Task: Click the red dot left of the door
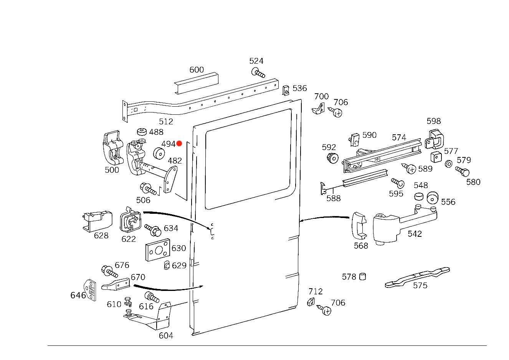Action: point(179,144)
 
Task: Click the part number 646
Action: point(78,295)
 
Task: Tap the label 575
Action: point(420,286)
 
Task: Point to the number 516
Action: point(146,306)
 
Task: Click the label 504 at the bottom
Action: point(166,336)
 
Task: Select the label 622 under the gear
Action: point(128,239)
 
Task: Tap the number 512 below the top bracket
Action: point(165,122)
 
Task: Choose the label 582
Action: point(329,147)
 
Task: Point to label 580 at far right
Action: point(473,182)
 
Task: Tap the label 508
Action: point(143,200)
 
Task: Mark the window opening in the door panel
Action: point(250,157)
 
